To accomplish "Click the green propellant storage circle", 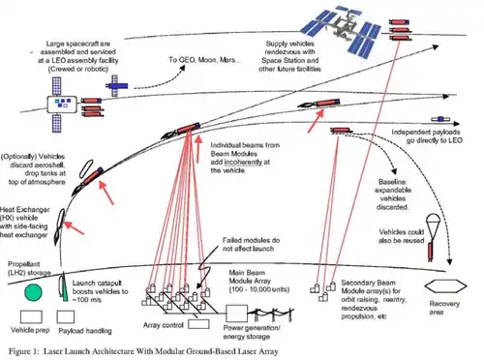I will tap(18, 288).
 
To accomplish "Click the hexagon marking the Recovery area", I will tap(447, 286).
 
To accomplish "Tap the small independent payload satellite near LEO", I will tap(340, 130).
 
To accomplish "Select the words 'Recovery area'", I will tap(446, 310).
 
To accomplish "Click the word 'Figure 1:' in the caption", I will tap(24, 352).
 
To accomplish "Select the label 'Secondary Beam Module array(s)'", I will tap(378, 285).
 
